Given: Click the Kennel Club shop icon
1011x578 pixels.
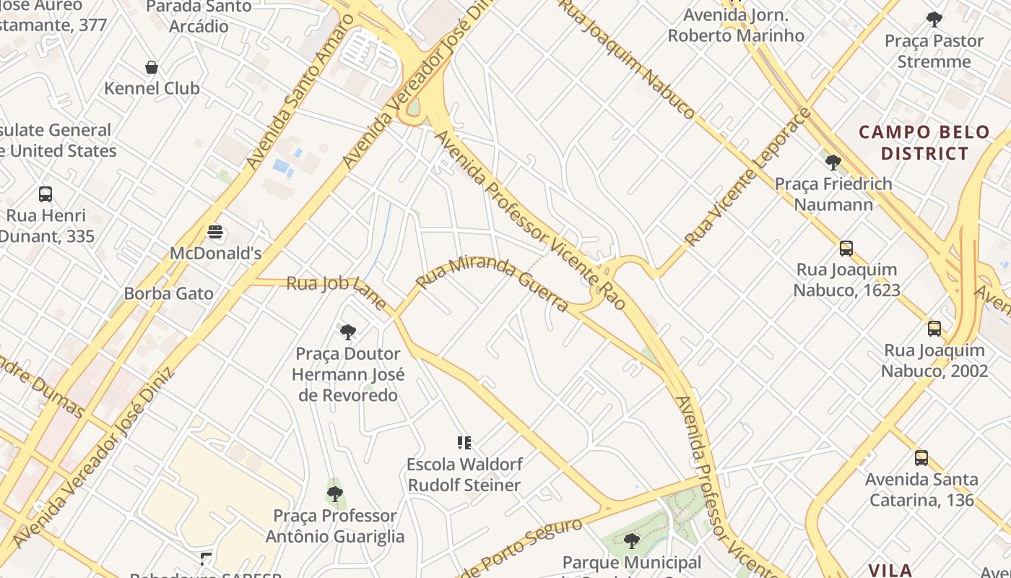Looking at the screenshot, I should (x=152, y=67).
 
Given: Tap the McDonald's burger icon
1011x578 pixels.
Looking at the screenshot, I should (x=215, y=233).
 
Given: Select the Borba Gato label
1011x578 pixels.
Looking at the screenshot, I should (x=168, y=293).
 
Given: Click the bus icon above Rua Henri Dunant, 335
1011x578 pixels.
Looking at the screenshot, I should (x=45, y=194).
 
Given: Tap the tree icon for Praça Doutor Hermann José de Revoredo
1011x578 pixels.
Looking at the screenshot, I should (x=348, y=332).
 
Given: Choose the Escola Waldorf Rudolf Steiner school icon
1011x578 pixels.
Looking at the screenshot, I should (x=464, y=442).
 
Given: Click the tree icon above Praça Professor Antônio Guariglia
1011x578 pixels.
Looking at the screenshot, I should (x=334, y=494).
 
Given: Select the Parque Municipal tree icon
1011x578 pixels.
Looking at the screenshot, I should (x=632, y=540).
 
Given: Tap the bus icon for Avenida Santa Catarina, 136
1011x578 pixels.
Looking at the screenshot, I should (x=921, y=457).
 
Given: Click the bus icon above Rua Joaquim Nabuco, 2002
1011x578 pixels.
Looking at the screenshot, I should (x=934, y=329).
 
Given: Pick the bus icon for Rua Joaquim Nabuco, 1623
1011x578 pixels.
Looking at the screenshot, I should (x=846, y=249).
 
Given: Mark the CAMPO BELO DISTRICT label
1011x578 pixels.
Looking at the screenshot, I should (x=924, y=142).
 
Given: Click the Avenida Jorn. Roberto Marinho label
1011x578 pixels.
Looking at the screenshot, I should (x=736, y=25).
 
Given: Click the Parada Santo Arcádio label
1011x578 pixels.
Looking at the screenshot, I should (x=199, y=17).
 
